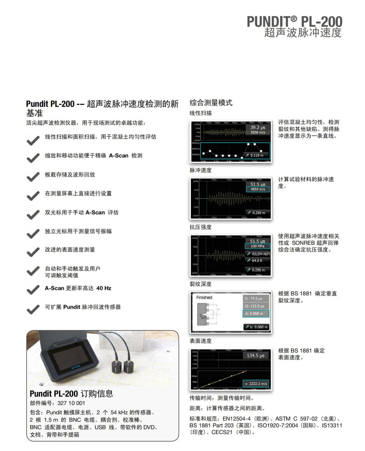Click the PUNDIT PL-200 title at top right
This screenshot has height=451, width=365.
294,22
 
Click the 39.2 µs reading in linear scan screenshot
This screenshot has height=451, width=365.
258,127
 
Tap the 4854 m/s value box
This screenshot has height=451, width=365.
257,189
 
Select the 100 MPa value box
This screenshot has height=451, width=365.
257,246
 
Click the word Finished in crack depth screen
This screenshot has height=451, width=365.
204,297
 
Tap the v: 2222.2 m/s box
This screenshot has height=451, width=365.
256,383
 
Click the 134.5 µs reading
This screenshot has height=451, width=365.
255,355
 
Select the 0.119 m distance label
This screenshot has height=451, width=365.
257,155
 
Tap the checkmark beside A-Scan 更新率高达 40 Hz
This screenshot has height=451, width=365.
33,290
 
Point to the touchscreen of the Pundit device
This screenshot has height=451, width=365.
69,359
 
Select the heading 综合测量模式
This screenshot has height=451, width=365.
211,103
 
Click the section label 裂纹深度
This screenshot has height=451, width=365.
200,284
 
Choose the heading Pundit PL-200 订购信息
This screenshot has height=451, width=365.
71,394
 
